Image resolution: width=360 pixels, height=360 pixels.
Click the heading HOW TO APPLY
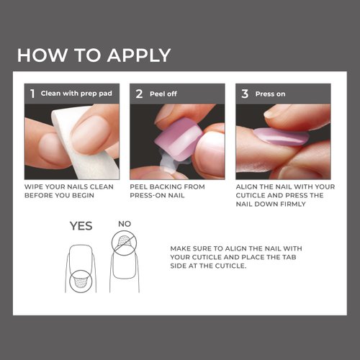click(x=94, y=55)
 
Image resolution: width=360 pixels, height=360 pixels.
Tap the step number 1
click(x=32, y=94)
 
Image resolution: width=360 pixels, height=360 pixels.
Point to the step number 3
click(x=244, y=94)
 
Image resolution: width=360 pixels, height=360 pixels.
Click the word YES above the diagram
click(x=81, y=225)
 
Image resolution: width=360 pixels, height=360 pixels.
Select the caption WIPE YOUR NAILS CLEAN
click(x=69, y=186)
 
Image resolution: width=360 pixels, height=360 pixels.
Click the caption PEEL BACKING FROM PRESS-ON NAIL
click(x=168, y=191)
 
